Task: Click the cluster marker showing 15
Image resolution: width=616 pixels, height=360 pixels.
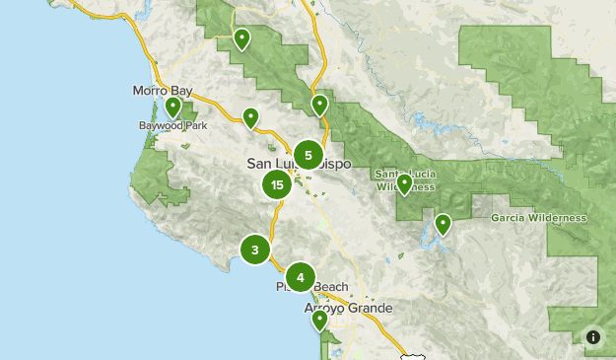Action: [277, 184]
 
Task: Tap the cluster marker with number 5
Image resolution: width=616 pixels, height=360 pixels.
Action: [308, 155]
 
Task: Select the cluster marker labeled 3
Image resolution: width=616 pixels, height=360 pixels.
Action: [255, 250]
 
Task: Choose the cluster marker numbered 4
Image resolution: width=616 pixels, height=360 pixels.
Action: [301, 276]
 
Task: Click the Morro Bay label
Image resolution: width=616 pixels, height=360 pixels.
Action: [162, 91]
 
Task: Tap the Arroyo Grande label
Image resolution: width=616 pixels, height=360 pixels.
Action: [348, 308]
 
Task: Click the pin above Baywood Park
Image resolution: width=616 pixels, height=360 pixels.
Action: [173, 107]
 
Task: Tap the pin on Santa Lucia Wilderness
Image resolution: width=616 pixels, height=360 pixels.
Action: [404, 184]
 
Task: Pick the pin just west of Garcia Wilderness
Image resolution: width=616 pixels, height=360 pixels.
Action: [444, 224]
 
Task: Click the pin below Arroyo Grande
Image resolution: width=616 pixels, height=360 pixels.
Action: [319, 320]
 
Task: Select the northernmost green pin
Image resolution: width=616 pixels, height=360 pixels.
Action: [241, 38]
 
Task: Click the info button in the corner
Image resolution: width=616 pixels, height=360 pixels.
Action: [593, 337]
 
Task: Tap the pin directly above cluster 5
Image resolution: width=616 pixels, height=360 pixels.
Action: [319, 104]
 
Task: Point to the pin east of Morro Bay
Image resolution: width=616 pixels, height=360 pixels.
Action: [251, 117]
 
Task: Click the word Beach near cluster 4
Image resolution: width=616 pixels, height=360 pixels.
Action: [331, 287]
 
